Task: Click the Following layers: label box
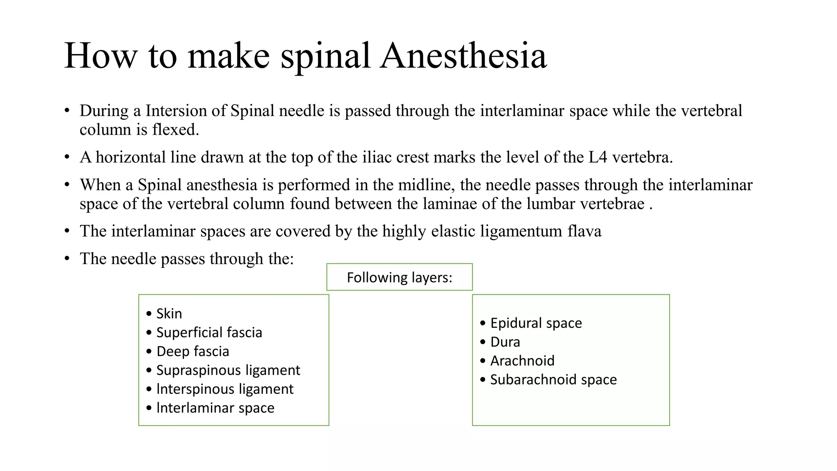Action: tap(399, 277)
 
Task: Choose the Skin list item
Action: tap(169, 314)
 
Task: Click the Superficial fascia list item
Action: tap(209, 332)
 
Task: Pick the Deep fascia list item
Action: tap(192, 351)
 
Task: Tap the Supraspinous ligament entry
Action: tap(228, 370)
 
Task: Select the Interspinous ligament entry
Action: tap(225, 389)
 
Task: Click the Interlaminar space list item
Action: tap(215, 408)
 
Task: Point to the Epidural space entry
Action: tap(536, 323)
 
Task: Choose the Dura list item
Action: tap(505, 342)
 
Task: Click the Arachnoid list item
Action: tap(522, 361)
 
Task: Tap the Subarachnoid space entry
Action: tap(553, 379)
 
